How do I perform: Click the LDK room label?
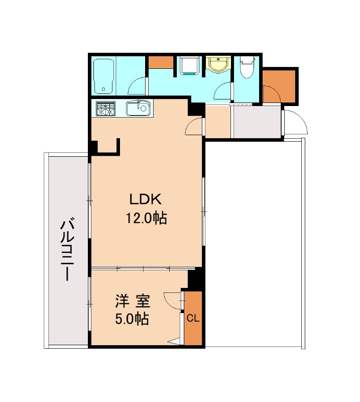pyautogui.click(x=146, y=199)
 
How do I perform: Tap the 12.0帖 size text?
pyautogui.click(x=146, y=219)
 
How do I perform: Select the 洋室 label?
pyautogui.click(x=133, y=301)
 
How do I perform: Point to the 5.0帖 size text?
pyautogui.click(x=132, y=319)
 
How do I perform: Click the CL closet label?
pyautogui.click(x=193, y=319)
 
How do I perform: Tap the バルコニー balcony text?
pyautogui.click(x=67, y=249)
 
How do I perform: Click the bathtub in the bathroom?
pyautogui.click(x=103, y=77)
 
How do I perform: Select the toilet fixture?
pyautogui.click(x=247, y=67)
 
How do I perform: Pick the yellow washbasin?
pyautogui.click(x=218, y=65)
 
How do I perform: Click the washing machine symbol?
pyautogui.click(x=190, y=66)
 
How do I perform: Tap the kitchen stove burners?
pyautogui.click(x=105, y=109)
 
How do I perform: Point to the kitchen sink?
pyautogui.click(x=138, y=108)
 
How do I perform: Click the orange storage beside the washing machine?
pyautogui.click(x=161, y=62)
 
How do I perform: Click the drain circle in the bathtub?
pyautogui.click(x=103, y=89)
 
